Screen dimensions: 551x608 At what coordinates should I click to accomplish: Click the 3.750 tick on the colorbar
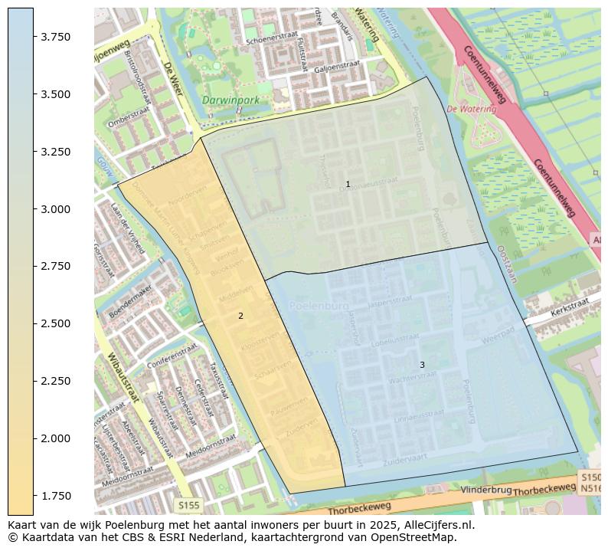tap(54, 37)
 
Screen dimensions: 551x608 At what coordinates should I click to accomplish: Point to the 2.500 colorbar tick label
tap(54, 323)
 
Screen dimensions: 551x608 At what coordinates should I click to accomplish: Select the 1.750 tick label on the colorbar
tap(54, 495)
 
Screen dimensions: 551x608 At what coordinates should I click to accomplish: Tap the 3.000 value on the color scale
tap(54, 208)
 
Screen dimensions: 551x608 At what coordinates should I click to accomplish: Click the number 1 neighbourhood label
tap(348, 184)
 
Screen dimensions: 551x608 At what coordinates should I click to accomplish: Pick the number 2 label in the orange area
tap(240, 316)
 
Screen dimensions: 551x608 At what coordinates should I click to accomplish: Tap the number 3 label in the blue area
tap(422, 365)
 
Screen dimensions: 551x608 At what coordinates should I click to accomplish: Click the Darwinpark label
tap(230, 100)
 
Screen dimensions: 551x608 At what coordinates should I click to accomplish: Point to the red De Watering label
tap(471, 109)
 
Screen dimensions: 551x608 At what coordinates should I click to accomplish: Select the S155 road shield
tap(188, 505)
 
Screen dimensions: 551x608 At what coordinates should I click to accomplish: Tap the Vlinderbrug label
tap(486, 489)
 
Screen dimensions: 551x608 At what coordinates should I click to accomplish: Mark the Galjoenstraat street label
tap(332, 67)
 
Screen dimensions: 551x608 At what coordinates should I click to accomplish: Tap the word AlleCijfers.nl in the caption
tap(436, 525)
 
